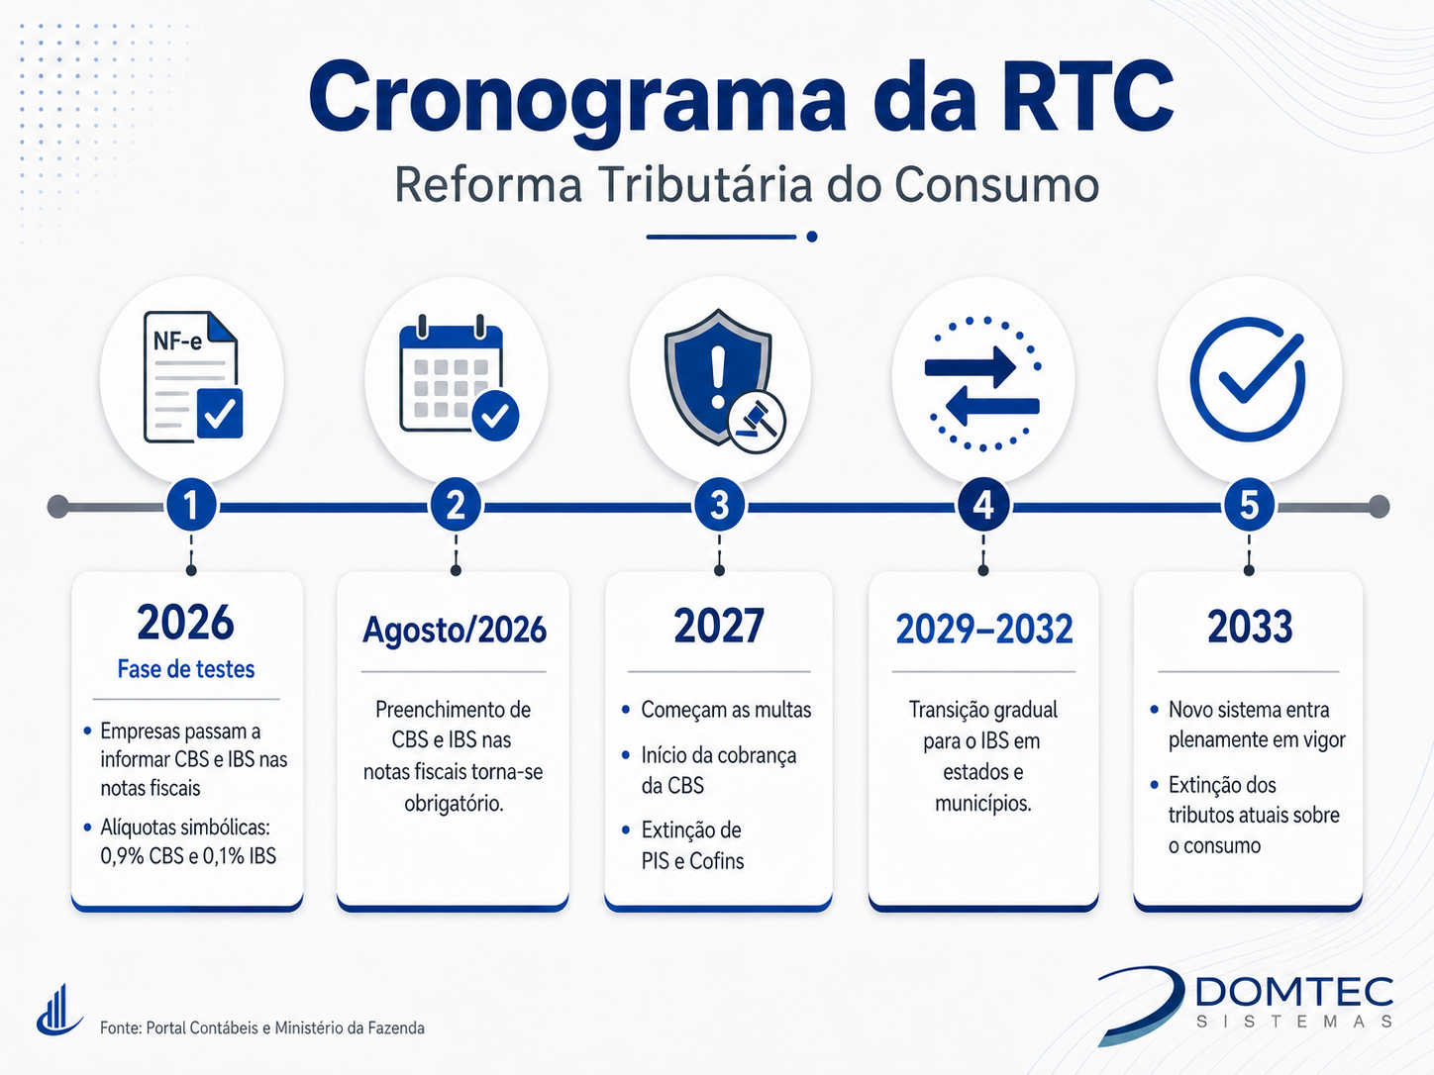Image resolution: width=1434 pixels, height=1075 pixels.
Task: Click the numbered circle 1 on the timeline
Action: coord(191,506)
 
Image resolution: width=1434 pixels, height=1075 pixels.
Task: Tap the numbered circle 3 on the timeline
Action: coord(719,506)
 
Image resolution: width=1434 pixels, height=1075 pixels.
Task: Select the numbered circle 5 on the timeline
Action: coord(1249,506)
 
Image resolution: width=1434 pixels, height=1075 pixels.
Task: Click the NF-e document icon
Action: coord(193,377)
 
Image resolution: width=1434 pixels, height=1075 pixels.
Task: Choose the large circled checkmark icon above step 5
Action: coord(1248,379)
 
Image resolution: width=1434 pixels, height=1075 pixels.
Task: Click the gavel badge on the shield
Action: coord(757,422)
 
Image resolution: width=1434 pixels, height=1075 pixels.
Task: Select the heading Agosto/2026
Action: coord(454,630)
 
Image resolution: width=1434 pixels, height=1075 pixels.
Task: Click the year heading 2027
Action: coord(719,626)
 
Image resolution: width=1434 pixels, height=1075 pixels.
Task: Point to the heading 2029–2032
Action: coord(983,629)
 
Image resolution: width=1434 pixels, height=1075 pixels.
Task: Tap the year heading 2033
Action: coord(1249,626)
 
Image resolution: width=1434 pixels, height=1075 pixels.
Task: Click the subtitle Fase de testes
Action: coord(186,669)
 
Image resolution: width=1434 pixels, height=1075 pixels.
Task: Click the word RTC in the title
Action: coord(1082,98)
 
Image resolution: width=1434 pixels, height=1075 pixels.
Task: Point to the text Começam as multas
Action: coord(726,710)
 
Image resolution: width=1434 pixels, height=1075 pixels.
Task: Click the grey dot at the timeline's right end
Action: coord(1379,507)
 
